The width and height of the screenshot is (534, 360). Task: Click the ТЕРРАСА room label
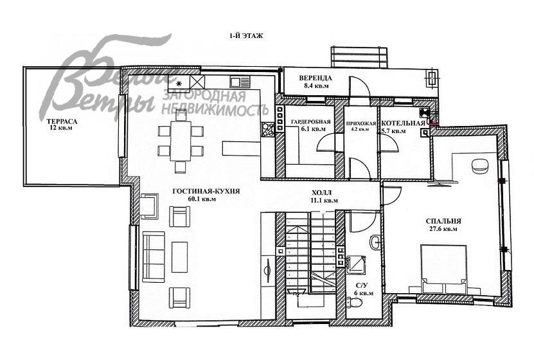pyautogui.click(x=62, y=122)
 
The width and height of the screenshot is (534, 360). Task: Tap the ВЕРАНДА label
pyautogui.click(x=316, y=78)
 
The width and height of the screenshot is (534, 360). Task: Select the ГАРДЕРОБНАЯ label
pyautogui.click(x=311, y=122)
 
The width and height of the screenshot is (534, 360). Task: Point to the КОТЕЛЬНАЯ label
pyautogui.click(x=404, y=123)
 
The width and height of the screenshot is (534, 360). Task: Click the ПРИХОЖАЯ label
pyautogui.click(x=360, y=123)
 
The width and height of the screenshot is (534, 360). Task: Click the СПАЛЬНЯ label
pyautogui.click(x=443, y=221)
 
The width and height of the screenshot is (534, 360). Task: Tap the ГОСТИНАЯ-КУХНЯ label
pyautogui.click(x=206, y=192)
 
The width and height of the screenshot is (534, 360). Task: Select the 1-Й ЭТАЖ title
pyautogui.click(x=246, y=35)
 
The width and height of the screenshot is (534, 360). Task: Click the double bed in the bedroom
pyautogui.click(x=444, y=268)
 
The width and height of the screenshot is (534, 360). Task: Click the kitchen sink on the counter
pyautogui.click(x=240, y=82)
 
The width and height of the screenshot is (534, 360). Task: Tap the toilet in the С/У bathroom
pyautogui.click(x=355, y=302)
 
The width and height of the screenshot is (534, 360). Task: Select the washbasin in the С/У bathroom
pyautogui.click(x=376, y=242)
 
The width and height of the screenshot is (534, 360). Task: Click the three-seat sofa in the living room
pyautogui.click(x=154, y=257)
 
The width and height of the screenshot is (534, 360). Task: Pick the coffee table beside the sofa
pyautogui.click(x=179, y=256)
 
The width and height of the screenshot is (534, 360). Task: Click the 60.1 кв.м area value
pyautogui.click(x=202, y=199)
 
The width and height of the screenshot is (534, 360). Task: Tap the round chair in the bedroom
pyautogui.click(x=480, y=166)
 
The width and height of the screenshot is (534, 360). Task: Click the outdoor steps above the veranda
pyautogui.click(x=359, y=57)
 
